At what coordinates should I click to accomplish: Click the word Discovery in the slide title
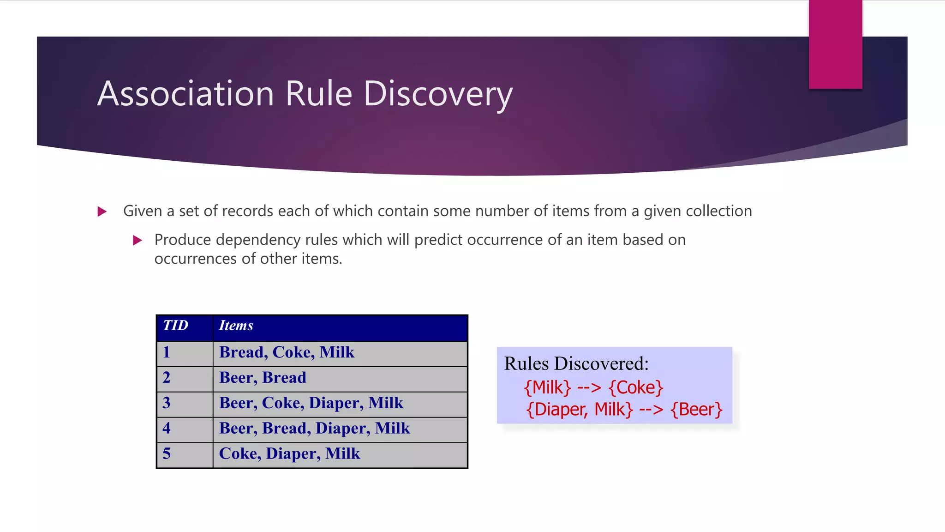point(438,94)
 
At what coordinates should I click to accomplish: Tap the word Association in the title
point(185,94)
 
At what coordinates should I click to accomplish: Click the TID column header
point(176,326)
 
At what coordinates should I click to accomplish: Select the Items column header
point(236,326)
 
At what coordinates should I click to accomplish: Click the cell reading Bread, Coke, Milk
point(287,352)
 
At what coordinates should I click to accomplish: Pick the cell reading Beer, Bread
point(263,378)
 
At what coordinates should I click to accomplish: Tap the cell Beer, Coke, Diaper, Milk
point(311,403)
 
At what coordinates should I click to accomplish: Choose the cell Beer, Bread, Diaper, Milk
point(314,429)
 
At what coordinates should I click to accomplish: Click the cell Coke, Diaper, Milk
point(289,454)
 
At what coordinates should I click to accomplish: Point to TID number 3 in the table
point(167,403)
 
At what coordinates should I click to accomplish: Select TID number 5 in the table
point(167,454)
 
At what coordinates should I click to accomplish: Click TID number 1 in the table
point(167,352)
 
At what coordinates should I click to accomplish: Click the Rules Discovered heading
point(576,364)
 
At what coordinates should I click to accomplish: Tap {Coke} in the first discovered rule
point(636,387)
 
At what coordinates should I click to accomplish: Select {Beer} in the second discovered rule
point(696,410)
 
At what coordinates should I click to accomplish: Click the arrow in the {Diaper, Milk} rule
point(651,410)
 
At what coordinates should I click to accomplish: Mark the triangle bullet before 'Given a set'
point(102,212)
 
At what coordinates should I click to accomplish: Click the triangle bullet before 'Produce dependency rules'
point(138,240)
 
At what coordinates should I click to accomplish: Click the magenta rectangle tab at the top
point(835,44)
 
